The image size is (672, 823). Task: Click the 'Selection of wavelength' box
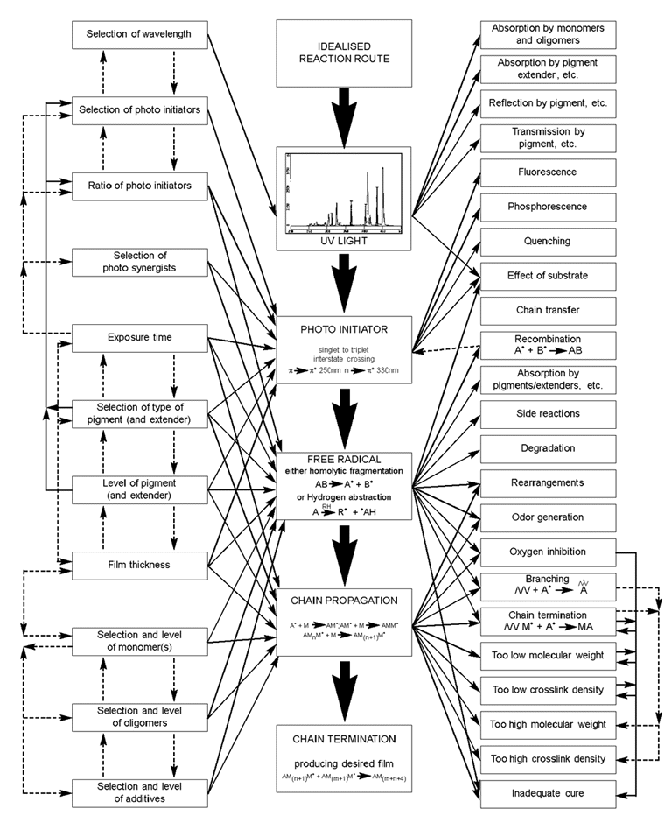point(140,35)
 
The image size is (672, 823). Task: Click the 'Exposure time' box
point(140,335)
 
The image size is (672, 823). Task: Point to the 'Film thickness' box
point(140,565)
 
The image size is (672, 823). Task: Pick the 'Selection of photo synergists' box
point(140,260)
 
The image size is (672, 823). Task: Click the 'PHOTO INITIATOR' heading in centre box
point(343,332)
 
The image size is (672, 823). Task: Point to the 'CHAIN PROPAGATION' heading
point(343,601)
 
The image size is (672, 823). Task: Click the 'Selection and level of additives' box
point(140,794)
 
